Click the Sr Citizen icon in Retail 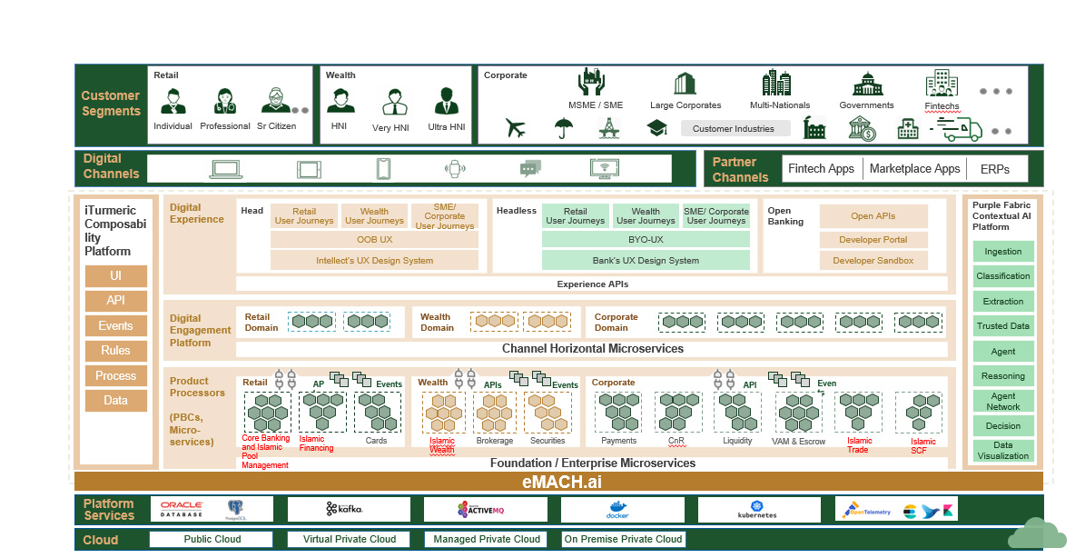click(275, 101)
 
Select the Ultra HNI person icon click(444, 101)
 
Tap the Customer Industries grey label click(733, 128)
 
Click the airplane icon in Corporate click(516, 129)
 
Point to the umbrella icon click(563, 129)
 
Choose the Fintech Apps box click(821, 168)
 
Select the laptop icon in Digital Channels click(224, 168)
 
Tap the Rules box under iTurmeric click(115, 351)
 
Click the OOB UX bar click(374, 239)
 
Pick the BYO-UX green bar click(646, 239)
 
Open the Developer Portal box click(873, 240)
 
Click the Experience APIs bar click(592, 284)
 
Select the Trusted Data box click(1003, 325)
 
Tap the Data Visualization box click(1003, 451)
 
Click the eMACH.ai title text click(561, 482)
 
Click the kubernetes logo click(757, 509)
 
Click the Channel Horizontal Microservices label click(592, 349)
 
